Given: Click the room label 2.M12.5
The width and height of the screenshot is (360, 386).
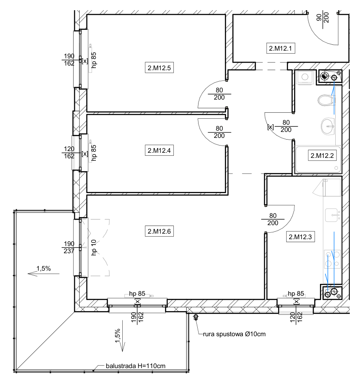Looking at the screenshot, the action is (159, 68).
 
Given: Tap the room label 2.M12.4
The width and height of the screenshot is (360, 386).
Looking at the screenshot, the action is (159, 150).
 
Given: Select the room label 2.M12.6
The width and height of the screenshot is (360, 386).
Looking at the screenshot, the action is (159, 231).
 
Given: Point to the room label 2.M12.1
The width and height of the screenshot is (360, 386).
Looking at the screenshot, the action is (280, 48).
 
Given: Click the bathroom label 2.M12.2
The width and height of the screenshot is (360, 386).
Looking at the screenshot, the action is (322, 156).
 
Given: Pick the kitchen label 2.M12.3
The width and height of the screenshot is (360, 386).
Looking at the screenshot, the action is (300, 237).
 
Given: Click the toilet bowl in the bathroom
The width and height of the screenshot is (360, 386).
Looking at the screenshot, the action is (325, 100).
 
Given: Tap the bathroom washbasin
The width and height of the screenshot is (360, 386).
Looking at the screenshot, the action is (328, 126).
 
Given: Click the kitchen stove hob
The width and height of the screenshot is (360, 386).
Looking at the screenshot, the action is (332, 259).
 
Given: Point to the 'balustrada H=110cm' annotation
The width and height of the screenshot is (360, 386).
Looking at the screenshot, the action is (135, 366).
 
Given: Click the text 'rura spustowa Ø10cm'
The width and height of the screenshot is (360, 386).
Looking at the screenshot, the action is (234, 334).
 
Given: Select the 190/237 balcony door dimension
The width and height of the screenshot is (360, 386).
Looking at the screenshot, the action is (69, 247).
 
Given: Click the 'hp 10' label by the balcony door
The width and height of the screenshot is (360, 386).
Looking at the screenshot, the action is (94, 247).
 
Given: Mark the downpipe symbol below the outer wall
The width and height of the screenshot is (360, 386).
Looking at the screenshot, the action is (196, 317).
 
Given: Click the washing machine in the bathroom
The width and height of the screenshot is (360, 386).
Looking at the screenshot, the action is (305, 77).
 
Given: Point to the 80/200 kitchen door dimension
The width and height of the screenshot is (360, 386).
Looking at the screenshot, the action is (273, 219).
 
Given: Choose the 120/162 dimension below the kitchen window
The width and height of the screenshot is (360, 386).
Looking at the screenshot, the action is (296, 318).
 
